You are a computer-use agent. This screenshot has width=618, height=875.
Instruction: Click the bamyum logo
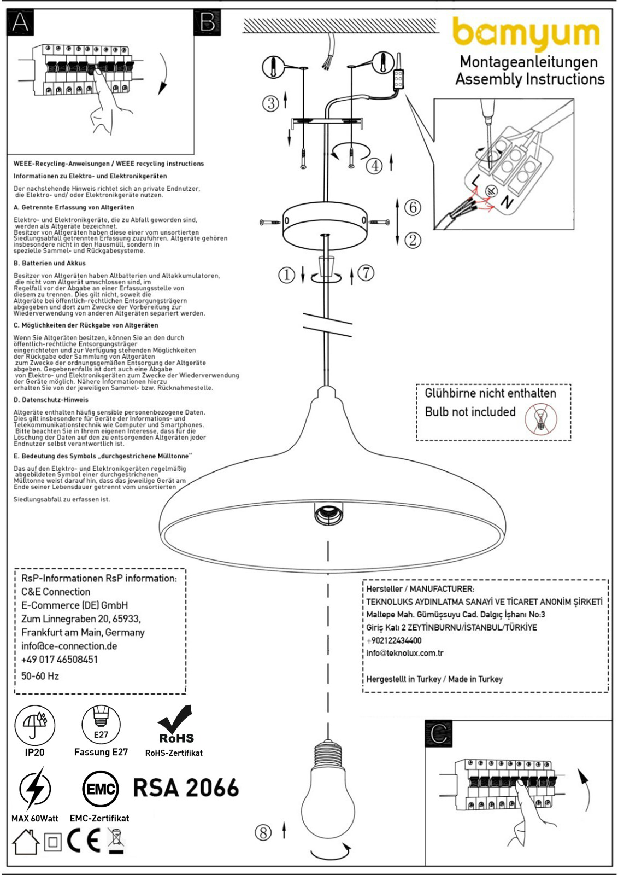point(526,34)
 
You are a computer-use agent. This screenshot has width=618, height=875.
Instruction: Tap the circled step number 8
point(263,832)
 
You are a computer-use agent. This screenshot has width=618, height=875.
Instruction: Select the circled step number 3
point(270,103)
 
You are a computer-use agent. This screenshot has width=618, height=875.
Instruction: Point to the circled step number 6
point(413,207)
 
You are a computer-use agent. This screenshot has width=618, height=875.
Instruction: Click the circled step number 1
point(286,275)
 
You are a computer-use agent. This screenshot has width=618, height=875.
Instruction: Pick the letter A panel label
point(20,22)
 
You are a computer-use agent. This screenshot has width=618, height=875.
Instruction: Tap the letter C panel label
point(438,734)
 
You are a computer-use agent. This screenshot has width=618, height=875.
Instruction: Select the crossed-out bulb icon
point(541,419)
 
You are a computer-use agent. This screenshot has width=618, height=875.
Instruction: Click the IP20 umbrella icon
point(35,726)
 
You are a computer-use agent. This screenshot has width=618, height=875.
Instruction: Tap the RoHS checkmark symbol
point(176,725)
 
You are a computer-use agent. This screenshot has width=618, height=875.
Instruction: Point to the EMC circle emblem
point(101,789)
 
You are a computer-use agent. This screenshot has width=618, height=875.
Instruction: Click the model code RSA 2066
point(186,787)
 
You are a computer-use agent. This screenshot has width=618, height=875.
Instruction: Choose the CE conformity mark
point(83,839)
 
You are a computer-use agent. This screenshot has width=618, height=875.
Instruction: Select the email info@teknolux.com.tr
point(405,653)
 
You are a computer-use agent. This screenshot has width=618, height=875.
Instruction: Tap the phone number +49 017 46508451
point(60,660)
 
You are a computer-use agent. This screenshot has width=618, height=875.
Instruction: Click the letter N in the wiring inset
point(507,202)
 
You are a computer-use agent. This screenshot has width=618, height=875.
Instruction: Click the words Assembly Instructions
point(530,79)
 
